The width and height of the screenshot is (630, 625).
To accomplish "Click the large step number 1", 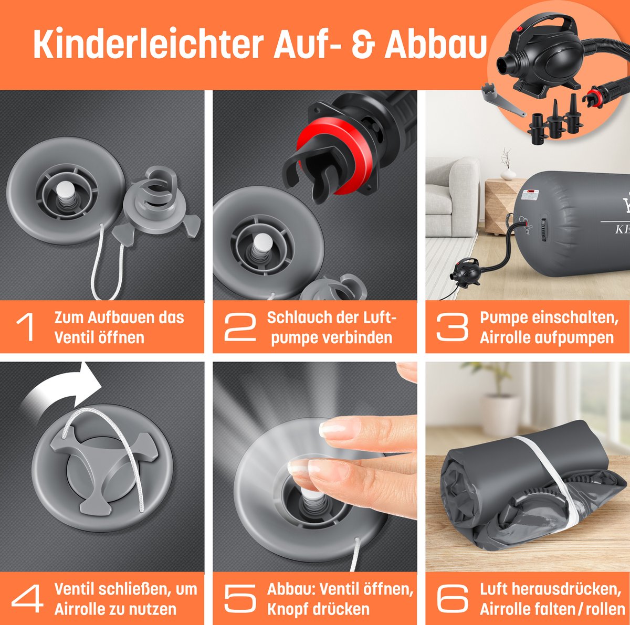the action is point(26,327).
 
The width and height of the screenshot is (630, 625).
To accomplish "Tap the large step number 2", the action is point(240,327).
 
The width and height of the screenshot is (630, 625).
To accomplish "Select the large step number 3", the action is point(453,327).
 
